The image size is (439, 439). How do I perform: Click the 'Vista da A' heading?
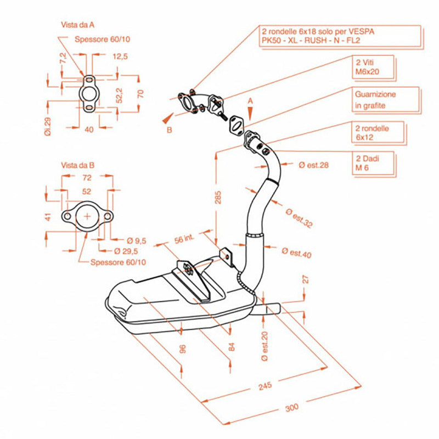(77, 25)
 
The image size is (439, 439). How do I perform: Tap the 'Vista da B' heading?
(77, 165)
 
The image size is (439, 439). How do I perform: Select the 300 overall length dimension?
(292, 408)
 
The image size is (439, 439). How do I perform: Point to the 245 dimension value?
(265, 386)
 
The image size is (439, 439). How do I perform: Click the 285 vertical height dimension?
(218, 197)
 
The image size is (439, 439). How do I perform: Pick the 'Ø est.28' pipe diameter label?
(313, 165)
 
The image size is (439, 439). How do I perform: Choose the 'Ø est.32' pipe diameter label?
(299, 218)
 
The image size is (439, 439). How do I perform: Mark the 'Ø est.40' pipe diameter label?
(296, 252)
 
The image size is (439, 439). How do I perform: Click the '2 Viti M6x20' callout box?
(374, 67)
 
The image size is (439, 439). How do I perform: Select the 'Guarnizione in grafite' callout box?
(386, 100)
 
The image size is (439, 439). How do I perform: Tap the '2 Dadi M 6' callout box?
(374, 164)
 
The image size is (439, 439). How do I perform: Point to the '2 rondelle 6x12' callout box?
(379, 133)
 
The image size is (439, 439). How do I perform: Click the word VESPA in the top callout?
(361, 31)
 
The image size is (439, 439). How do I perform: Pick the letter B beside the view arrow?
(170, 130)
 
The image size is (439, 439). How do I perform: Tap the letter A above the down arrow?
(250, 101)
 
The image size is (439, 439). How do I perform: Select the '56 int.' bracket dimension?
(184, 239)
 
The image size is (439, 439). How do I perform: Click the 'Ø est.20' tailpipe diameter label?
(264, 346)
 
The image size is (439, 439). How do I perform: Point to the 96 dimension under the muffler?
(182, 349)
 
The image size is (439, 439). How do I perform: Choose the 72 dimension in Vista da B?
(87, 177)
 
